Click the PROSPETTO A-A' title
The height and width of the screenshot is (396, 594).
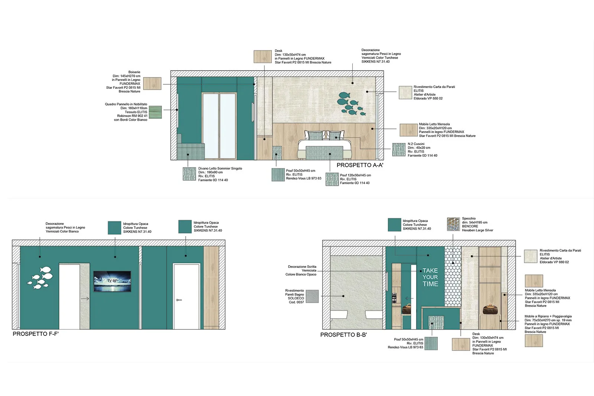360,165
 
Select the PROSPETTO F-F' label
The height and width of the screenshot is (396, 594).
36,334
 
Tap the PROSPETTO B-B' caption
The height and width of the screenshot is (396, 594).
343,335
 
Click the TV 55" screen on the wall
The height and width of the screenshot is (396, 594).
112,281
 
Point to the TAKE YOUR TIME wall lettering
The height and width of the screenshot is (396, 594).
430,277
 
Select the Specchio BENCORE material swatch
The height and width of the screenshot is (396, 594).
453,224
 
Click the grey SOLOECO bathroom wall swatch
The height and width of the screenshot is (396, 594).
312,296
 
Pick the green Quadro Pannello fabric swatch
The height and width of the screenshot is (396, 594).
155,112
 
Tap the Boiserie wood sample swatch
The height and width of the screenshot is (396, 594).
152,83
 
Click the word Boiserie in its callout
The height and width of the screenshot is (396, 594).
134,72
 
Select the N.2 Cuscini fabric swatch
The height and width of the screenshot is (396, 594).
399,150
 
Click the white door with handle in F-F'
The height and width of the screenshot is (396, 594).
186,296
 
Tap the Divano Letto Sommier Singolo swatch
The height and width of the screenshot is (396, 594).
189,174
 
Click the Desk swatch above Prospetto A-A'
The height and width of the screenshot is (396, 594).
262,56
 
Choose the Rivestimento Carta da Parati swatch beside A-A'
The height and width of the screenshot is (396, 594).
405,92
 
